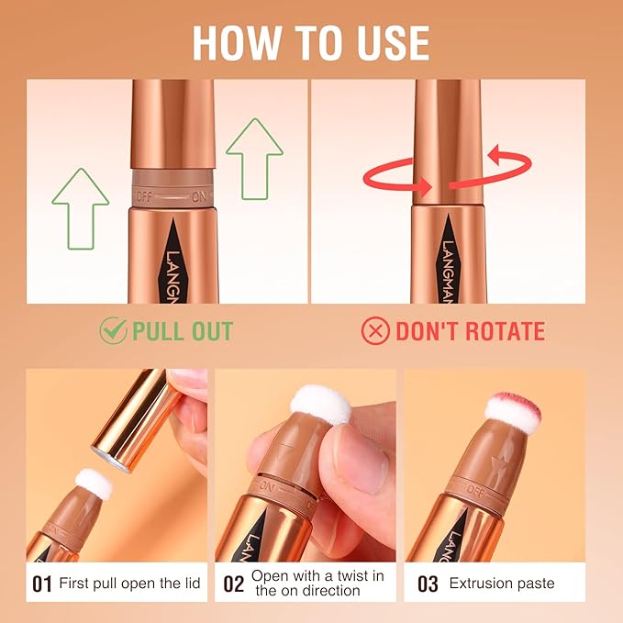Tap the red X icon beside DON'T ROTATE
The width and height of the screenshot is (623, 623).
(376, 331)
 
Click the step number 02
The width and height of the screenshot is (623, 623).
(234, 583)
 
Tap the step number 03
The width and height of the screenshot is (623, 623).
(428, 583)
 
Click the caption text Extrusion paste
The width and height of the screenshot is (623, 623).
(502, 583)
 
